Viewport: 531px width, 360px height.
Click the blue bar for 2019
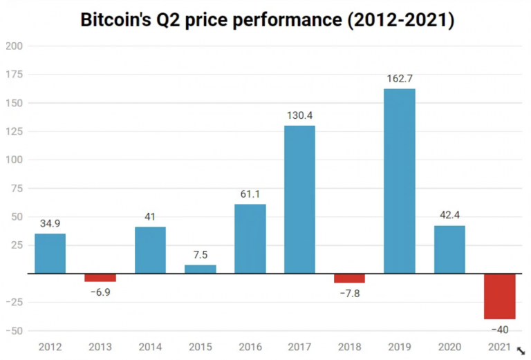click(x=400, y=181)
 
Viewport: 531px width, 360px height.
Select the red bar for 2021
click(x=499, y=296)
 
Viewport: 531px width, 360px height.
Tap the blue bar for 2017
click(x=300, y=199)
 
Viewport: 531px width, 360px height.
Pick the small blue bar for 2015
click(x=200, y=269)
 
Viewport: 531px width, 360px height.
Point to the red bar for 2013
click(x=100, y=278)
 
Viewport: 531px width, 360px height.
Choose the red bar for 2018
click(x=349, y=278)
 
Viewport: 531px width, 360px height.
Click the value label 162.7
click(x=400, y=79)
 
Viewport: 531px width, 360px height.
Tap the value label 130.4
click(x=300, y=115)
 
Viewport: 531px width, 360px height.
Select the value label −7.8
click(x=349, y=293)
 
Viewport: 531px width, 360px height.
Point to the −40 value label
click(x=499, y=329)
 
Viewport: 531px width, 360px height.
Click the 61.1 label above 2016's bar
click(x=250, y=194)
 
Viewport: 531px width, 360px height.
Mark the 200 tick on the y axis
click(x=14, y=46)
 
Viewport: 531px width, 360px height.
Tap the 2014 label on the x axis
click(x=150, y=346)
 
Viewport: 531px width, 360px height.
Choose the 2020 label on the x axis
click(x=449, y=346)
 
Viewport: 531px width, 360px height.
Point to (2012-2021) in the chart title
click(x=400, y=20)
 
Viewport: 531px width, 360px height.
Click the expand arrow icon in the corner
click(x=521, y=351)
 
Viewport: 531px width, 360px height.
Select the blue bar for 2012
click(x=50, y=254)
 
